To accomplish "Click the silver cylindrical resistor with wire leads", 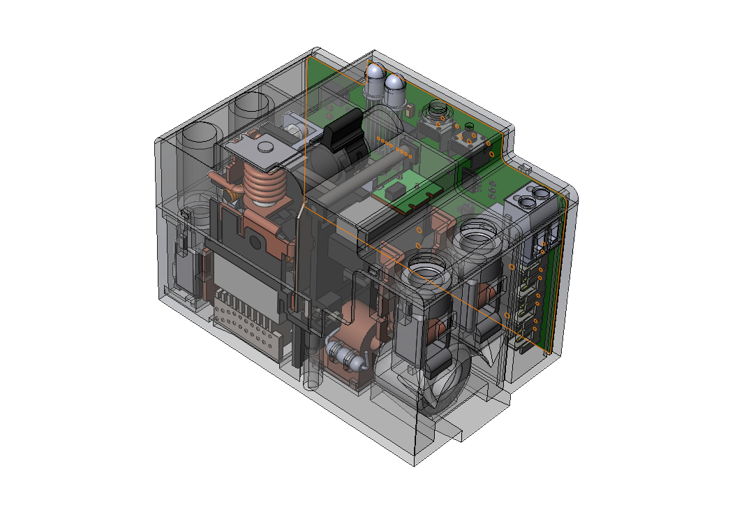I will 346,355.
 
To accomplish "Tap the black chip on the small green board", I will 396,189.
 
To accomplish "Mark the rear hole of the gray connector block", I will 542,191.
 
